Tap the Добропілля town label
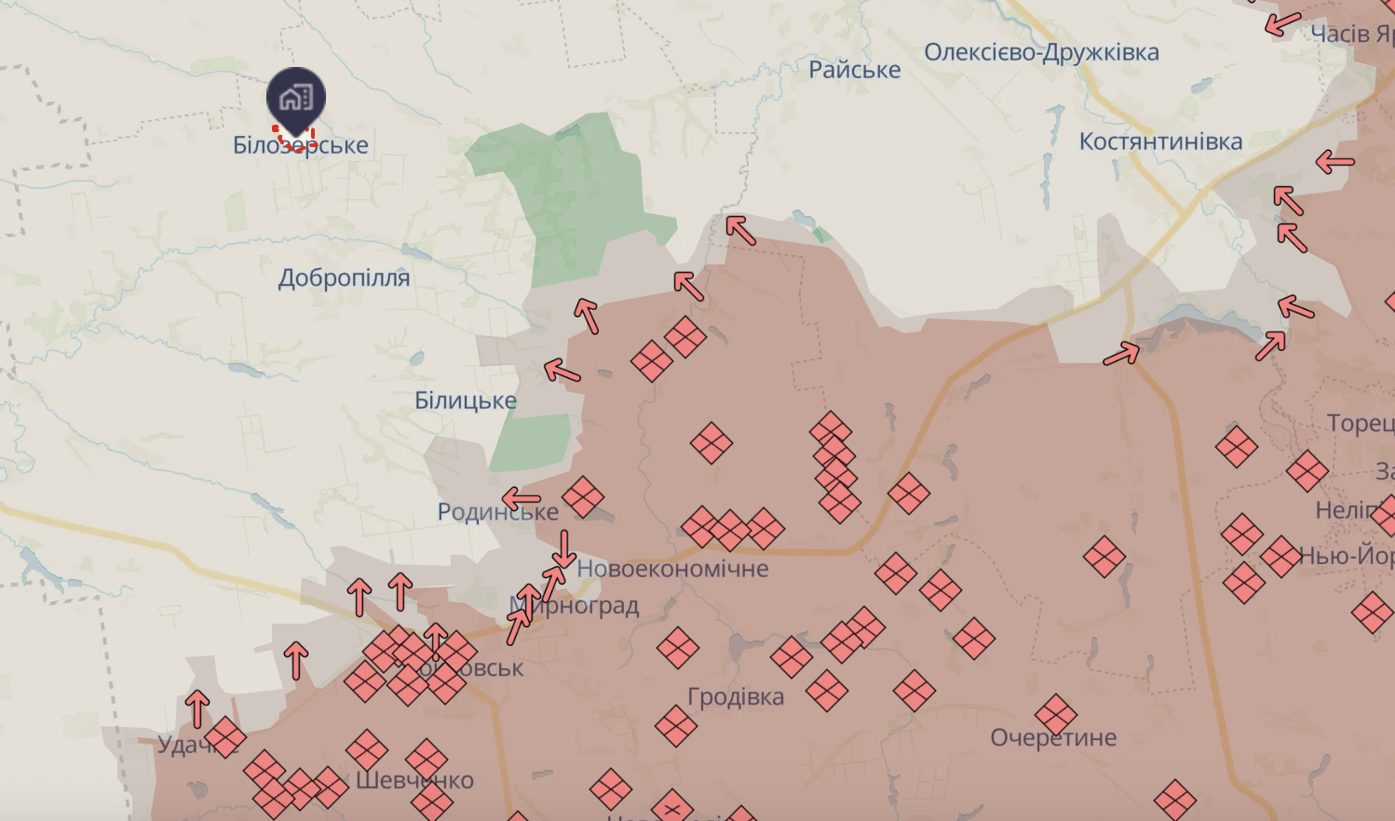tap(344, 278)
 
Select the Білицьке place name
tap(465, 401)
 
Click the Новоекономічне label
tap(672, 569)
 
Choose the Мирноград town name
tap(575, 606)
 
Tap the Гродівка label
tap(736, 697)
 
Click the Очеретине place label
tap(1053, 738)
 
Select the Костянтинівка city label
tap(1160, 141)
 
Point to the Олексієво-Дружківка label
tap(1041, 52)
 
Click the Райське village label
tap(854, 70)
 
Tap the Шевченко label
tap(415, 780)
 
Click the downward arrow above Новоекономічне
tap(563, 549)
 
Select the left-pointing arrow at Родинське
tap(521, 498)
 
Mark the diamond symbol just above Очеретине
tap(1056, 714)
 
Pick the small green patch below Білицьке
tap(531, 442)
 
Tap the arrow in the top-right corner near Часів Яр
tap(1282, 23)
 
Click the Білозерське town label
tap(301, 146)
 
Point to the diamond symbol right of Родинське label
tap(583, 497)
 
